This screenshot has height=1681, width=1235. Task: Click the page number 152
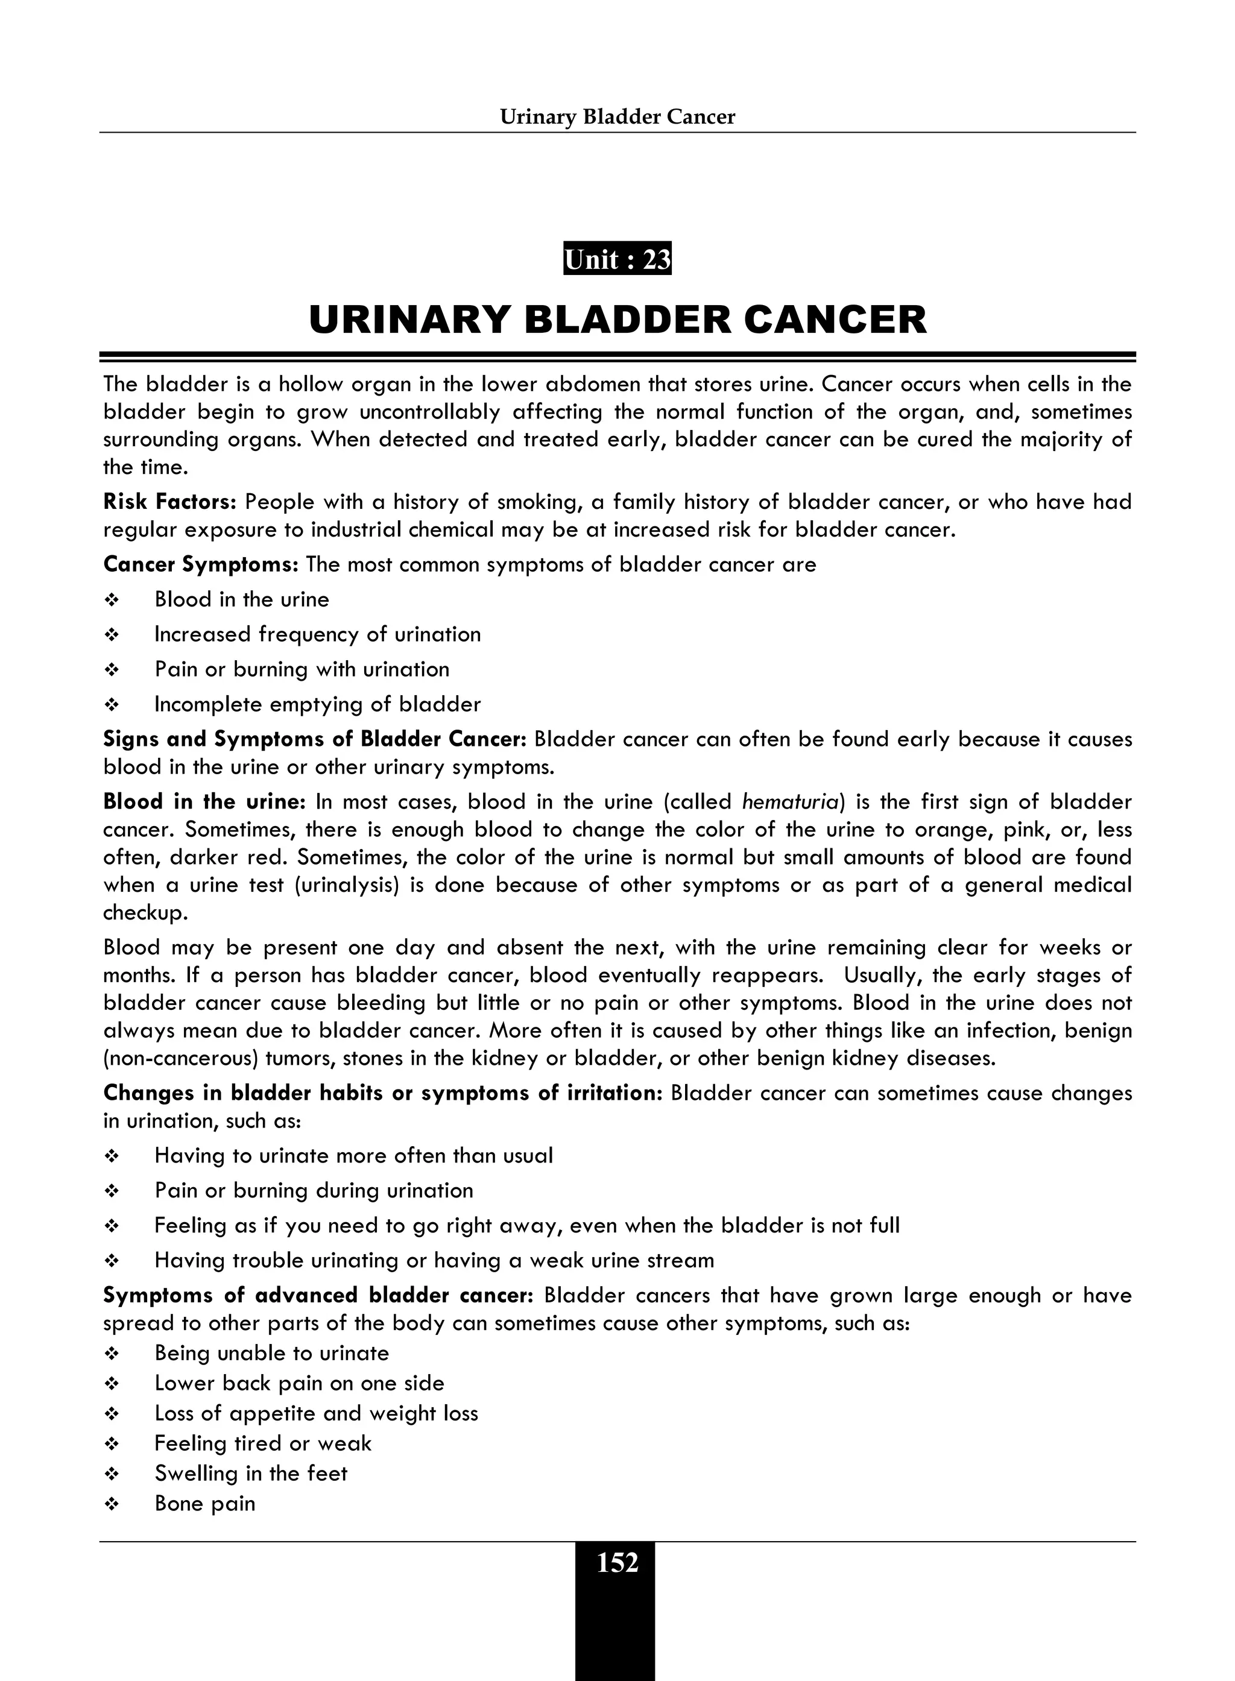point(617,1563)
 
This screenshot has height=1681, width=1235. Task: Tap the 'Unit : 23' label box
point(617,259)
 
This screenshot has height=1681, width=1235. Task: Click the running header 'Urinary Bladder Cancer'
point(617,116)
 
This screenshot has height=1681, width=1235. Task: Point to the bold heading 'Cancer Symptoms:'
point(201,564)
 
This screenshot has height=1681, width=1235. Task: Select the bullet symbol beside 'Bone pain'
point(112,1504)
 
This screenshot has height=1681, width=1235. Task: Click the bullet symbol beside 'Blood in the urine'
point(112,600)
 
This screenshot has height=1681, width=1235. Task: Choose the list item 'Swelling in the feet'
point(250,1473)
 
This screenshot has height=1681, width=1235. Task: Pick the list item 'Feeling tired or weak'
point(262,1443)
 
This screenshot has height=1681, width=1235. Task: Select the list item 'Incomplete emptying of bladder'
point(317,704)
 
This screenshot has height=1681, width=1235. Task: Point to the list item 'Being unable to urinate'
point(271,1354)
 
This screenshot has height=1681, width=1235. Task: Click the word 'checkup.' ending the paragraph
point(146,913)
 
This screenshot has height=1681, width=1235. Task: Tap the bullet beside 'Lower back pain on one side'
point(112,1384)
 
